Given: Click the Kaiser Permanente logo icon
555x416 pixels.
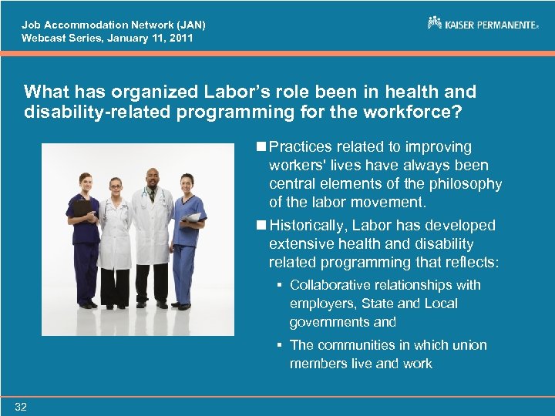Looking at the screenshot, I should pyautogui.click(x=435, y=23).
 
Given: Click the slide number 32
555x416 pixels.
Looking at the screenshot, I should pyautogui.click(x=20, y=407).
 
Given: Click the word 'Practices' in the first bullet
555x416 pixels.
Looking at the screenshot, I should pyautogui.click(x=301, y=146).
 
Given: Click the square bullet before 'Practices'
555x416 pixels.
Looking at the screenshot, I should pyautogui.click(x=262, y=146).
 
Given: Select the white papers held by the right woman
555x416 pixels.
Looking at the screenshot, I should pyautogui.click(x=193, y=217).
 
